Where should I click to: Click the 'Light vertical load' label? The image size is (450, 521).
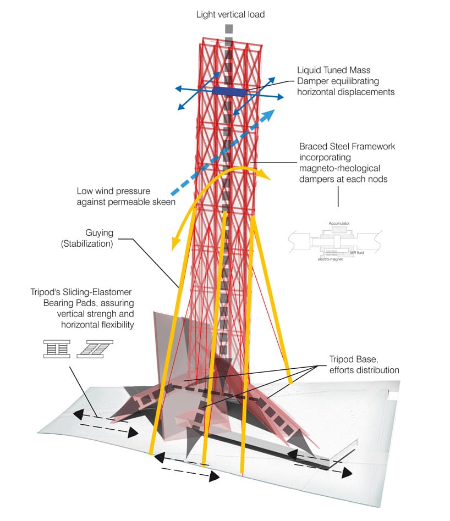[230, 15]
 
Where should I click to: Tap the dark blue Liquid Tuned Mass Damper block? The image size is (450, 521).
[229, 91]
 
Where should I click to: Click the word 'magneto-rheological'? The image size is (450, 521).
[339, 169]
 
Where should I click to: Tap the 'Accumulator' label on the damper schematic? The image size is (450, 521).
[339, 223]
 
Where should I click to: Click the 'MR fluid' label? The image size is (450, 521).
[357, 253]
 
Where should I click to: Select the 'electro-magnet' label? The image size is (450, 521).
[330, 259]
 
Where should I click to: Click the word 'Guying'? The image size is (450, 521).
[100, 233]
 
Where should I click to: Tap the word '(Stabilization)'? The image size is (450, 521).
[87, 244]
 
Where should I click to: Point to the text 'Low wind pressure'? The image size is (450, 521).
[113, 191]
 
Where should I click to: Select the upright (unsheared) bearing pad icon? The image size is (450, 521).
[57, 349]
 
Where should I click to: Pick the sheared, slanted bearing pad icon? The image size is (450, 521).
[95, 349]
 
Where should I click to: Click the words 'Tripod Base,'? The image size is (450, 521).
[354, 359]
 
